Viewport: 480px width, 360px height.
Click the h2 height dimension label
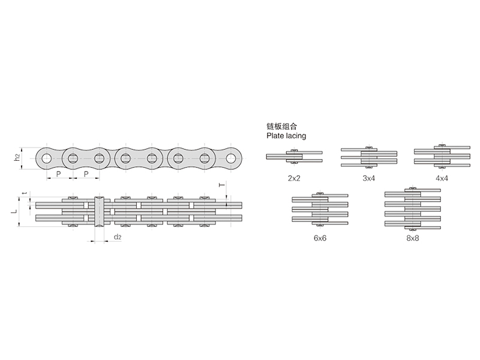[18, 158]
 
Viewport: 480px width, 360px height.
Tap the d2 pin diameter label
[118, 237]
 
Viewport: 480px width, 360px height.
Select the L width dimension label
[14, 211]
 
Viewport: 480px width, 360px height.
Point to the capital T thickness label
[222, 185]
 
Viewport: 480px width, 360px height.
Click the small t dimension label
[25, 193]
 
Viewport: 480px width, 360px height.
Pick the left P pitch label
[58, 174]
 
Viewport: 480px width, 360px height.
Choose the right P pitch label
[86, 174]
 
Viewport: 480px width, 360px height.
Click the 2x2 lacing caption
[294, 178]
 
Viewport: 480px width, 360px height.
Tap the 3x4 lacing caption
[368, 178]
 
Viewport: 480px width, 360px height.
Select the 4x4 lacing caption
[442, 178]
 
